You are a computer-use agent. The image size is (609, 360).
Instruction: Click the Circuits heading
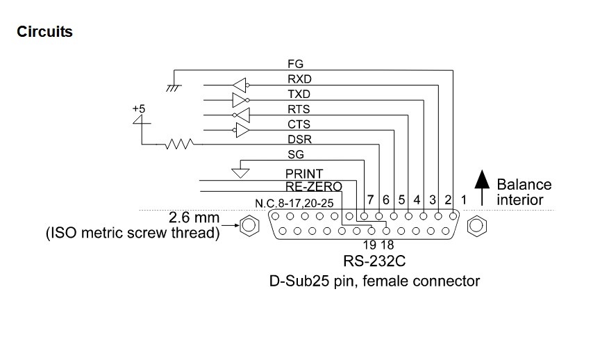pyautogui.click(x=44, y=31)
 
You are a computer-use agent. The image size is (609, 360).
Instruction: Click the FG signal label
pyautogui.click(x=295, y=64)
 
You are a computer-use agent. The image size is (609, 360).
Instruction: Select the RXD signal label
pyautogui.click(x=299, y=79)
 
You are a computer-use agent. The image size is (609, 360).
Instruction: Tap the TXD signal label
pyautogui.click(x=299, y=95)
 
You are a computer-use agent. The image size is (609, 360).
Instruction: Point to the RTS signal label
pyautogui.click(x=299, y=109)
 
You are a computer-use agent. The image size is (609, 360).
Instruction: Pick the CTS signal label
pyautogui.click(x=299, y=124)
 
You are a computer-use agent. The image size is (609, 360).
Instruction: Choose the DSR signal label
pyautogui.click(x=299, y=140)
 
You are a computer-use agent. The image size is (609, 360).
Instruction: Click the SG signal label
pyautogui.click(x=295, y=155)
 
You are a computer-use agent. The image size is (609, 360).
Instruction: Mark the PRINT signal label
pyautogui.click(x=304, y=173)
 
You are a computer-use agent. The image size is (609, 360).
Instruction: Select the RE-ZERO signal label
pyautogui.click(x=314, y=186)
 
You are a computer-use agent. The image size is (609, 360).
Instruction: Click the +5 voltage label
pyautogui.click(x=139, y=108)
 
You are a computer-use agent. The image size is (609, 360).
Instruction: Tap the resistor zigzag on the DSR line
pyautogui.click(x=180, y=145)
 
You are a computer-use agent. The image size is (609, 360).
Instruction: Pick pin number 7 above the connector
pyautogui.click(x=371, y=200)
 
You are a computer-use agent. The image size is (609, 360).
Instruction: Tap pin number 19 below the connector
pyautogui.click(x=370, y=244)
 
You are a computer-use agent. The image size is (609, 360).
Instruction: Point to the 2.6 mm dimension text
pyautogui.click(x=194, y=218)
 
